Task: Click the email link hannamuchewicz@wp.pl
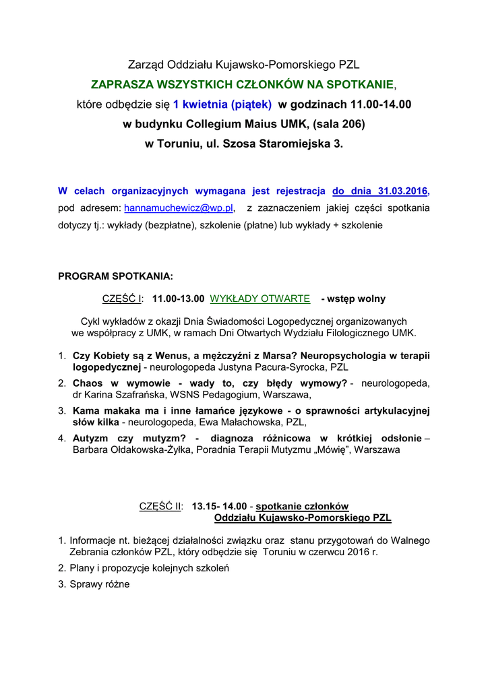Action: click(179, 208)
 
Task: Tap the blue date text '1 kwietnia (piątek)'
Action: click(222, 104)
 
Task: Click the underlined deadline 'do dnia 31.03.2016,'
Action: click(381, 191)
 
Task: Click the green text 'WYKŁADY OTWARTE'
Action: click(260, 299)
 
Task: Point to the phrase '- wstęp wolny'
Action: click(353, 299)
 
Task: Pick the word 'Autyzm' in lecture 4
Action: click(90, 439)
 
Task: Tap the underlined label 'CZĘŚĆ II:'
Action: click(161, 507)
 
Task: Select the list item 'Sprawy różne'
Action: click(99, 584)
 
